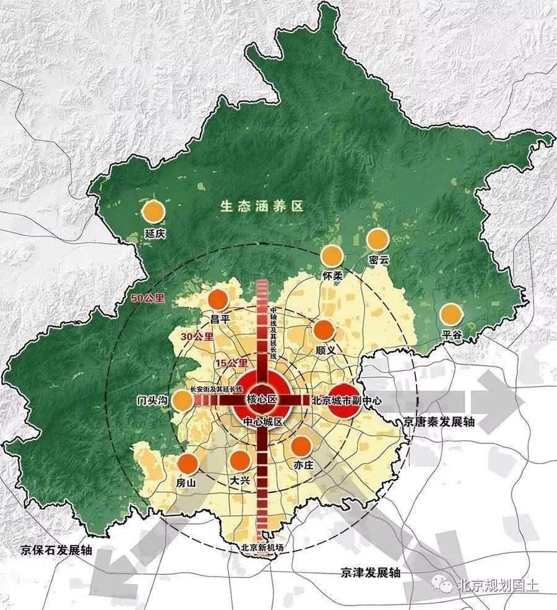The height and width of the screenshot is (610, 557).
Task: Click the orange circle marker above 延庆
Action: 153,212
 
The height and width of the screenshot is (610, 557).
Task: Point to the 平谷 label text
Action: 451,334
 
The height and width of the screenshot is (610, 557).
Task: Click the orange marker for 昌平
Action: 218,300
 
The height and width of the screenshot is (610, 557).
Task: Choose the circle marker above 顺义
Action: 324,331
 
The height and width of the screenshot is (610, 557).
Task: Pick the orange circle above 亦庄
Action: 301,446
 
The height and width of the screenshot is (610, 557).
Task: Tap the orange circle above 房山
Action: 188,463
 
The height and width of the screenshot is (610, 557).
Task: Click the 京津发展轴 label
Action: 370,572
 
